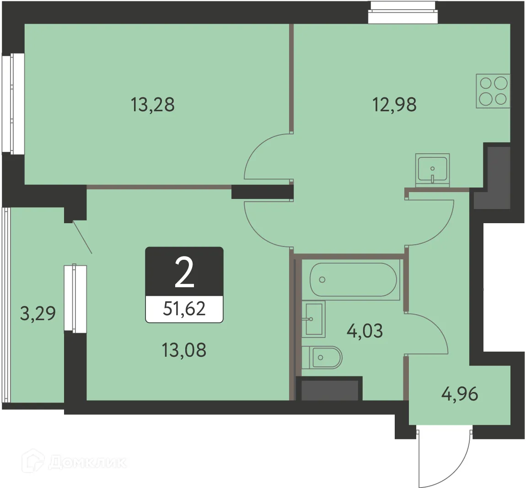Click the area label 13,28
[x=153, y=105]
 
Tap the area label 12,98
[x=395, y=105]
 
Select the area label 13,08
[x=184, y=350]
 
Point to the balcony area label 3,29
[x=38, y=313]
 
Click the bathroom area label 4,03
[x=365, y=330]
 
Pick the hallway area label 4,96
[x=460, y=393]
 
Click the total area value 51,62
[x=184, y=309]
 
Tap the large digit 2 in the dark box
[x=184, y=273]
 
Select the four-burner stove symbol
[x=493, y=91]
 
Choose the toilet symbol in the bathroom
[x=322, y=357]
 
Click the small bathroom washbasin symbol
[x=313, y=318]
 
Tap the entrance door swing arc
[x=451, y=462]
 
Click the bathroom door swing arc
[x=432, y=332]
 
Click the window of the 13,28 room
[x=13, y=103]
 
